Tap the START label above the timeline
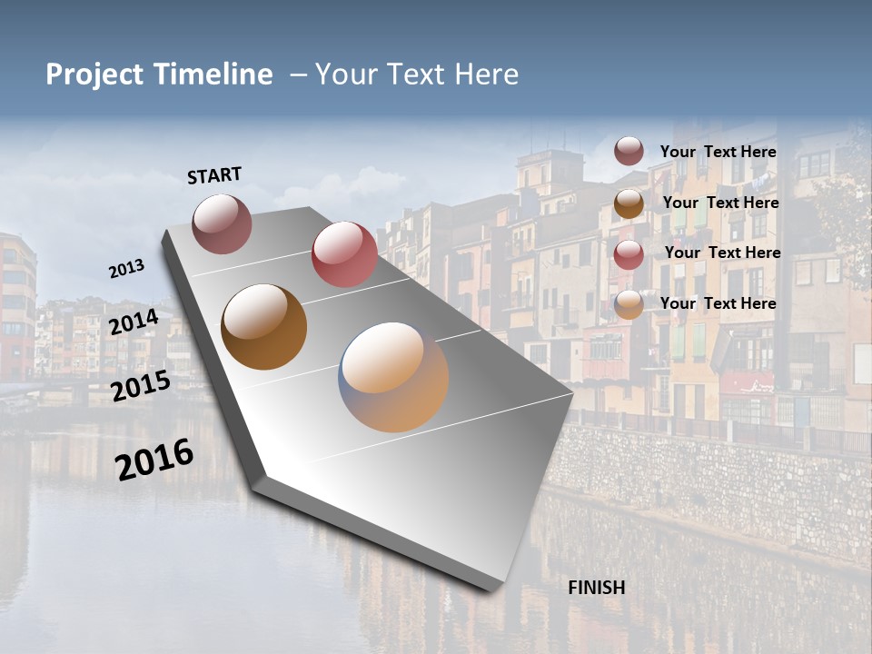pos(214,174)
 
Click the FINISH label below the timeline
pos(597,588)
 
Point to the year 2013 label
pos(126,268)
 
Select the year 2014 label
pos(134,322)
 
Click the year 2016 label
pos(154,459)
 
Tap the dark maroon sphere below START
pos(222,223)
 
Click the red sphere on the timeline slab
pos(344,253)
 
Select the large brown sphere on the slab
pos(263,327)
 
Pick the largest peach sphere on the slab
pos(393,376)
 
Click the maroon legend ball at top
pos(629,151)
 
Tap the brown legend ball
pos(629,203)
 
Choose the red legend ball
pos(629,254)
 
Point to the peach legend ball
pos(629,305)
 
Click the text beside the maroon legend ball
pos(718,152)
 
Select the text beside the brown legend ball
pos(720,203)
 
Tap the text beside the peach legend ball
pos(718,303)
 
